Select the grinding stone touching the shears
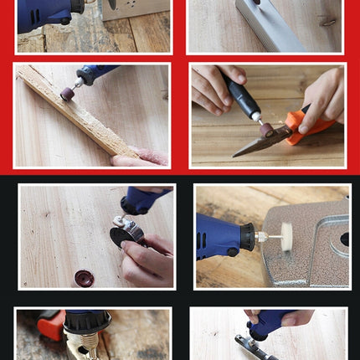click(x=266, y=129)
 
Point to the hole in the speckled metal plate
click(x=345, y=239)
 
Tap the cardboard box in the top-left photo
click(x=134, y=8)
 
